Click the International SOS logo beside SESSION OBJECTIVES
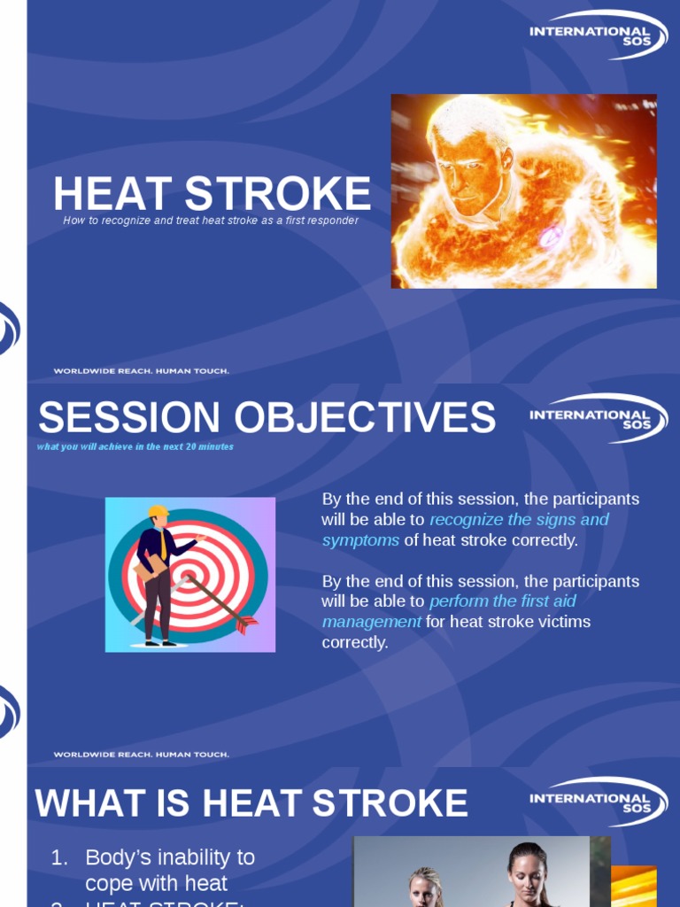(591, 419)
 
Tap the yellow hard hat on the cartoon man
(158, 511)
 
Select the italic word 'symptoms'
(360, 540)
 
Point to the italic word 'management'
(371, 622)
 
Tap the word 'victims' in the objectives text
(564, 622)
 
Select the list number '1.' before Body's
(58, 857)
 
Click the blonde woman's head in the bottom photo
(425, 886)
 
